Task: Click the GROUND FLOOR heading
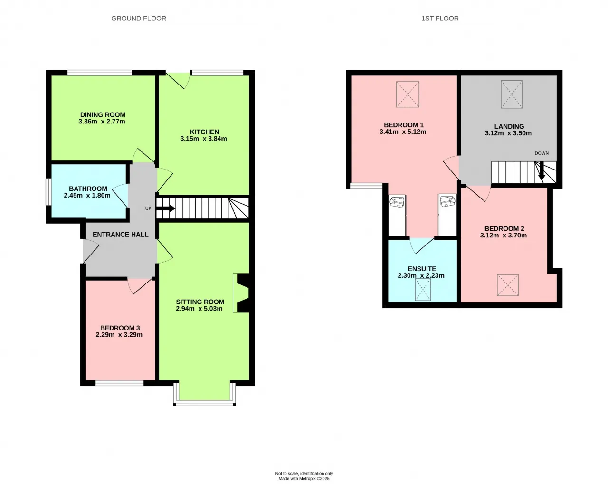(x=139, y=19)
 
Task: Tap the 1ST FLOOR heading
(x=440, y=19)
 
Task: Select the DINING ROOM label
(x=103, y=115)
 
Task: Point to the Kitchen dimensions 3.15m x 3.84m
(x=203, y=139)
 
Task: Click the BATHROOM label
(x=88, y=189)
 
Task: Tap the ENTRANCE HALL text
(x=121, y=235)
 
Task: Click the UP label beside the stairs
(x=148, y=208)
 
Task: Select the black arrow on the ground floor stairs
(x=166, y=208)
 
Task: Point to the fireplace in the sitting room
(x=242, y=293)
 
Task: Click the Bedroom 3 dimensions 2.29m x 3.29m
(x=119, y=335)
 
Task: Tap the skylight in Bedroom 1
(x=408, y=94)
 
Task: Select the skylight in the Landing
(x=512, y=94)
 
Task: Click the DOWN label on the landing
(x=541, y=153)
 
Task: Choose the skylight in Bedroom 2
(x=508, y=285)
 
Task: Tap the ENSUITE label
(x=422, y=269)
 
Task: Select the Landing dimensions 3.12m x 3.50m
(x=508, y=133)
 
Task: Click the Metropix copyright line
(x=304, y=479)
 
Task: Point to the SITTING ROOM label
(x=200, y=302)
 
